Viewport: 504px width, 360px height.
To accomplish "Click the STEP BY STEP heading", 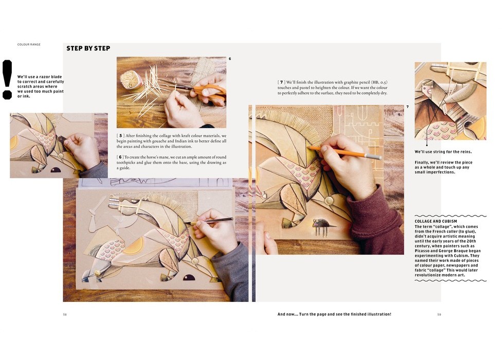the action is click(x=88, y=48).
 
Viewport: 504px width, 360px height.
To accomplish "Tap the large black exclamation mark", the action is click(x=7, y=79).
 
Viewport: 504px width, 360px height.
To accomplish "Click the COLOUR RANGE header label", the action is click(x=29, y=44).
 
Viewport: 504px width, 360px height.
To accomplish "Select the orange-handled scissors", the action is click(x=206, y=91).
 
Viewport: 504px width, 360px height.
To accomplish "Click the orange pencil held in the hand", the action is click(x=345, y=152).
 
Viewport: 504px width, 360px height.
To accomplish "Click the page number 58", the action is click(x=65, y=314).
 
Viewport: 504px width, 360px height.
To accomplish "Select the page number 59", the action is click(x=439, y=314).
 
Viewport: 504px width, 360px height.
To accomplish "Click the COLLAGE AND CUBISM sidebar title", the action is click(x=436, y=222).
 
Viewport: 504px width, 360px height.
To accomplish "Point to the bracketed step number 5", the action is click(x=120, y=136).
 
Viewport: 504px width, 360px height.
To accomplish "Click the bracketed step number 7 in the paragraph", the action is click(x=281, y=82).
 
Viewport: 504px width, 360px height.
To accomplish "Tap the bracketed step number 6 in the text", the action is click(x=120, y=157).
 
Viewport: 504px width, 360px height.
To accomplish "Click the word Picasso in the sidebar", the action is click(x=422, y=251).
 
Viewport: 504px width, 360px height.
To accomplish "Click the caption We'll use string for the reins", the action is click(x=443, y=152).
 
